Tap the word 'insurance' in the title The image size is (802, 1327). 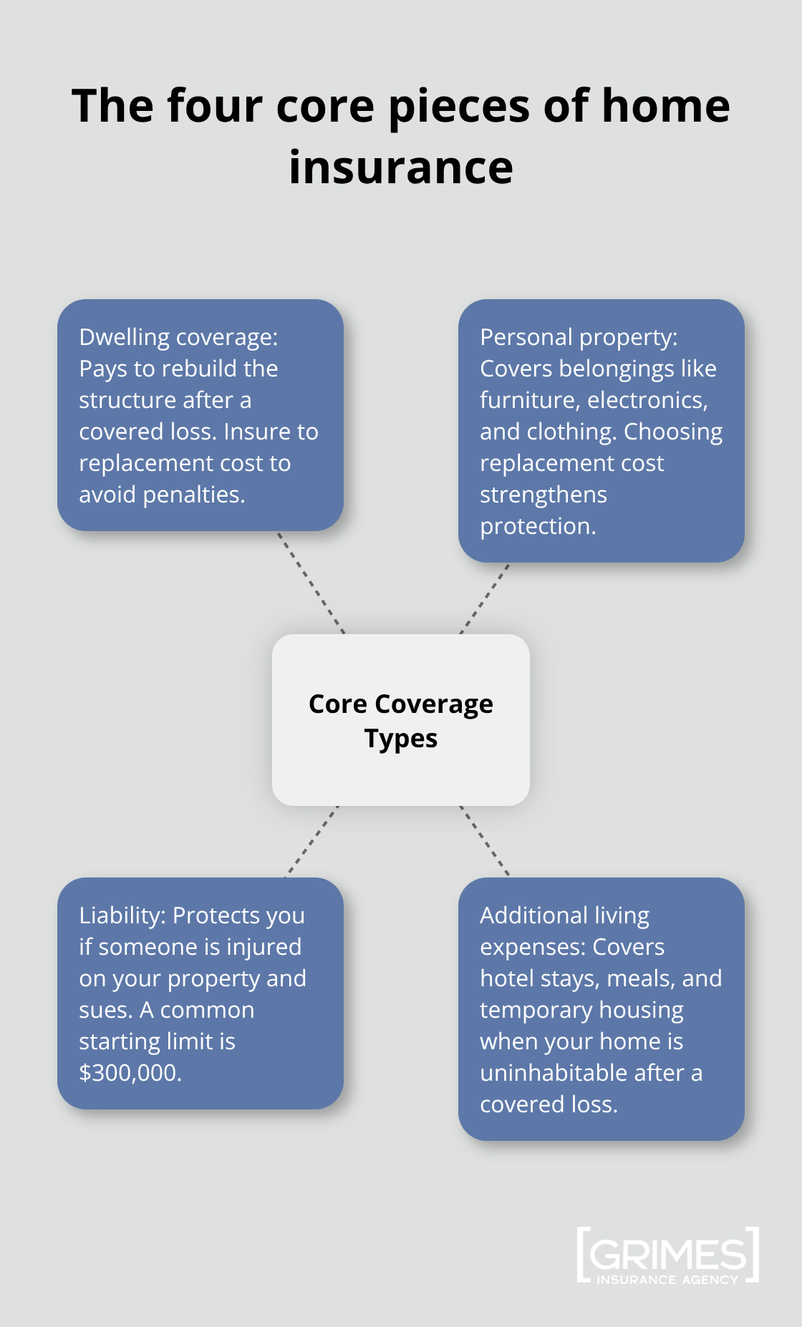pos(401,167)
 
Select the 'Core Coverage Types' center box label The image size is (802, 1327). pos(401,721)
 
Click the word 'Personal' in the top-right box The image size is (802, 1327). pos(525,337)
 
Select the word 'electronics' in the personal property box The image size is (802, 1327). pos(647,400)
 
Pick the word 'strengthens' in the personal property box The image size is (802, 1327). pos(543,495)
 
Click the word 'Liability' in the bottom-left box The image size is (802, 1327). pos(122,915)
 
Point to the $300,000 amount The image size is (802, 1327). pos(130,1073)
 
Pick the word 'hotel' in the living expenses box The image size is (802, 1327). pos(504,978)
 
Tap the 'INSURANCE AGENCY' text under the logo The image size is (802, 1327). pos(667,1280)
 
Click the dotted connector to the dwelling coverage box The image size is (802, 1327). pos(311,583)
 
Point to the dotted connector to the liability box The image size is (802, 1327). pos(312,841)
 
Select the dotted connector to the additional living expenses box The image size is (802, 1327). pos(485,841)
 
